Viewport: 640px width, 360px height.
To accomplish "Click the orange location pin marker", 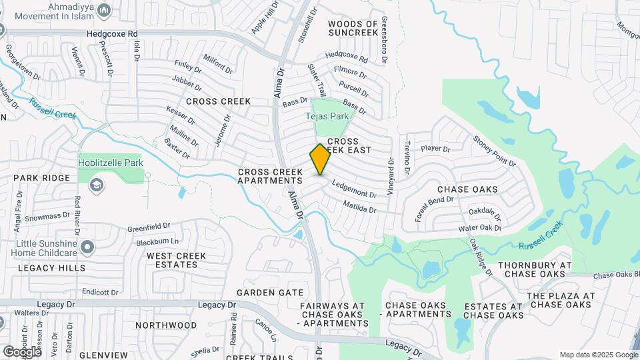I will pyautogui.click(x=320, y=159).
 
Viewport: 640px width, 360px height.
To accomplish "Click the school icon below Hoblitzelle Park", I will pyautogui.click(x=97, y=184).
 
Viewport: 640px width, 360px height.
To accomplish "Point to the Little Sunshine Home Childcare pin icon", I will pyautogui.click(x=87, y=249).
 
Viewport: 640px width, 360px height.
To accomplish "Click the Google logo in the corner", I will pyautogui.click(x=22, y=351).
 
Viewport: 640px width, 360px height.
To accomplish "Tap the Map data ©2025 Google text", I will pyautogui.click(x=599, y=355).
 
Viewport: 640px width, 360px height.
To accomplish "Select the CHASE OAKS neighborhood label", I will pyautogui.click(x=467, y=189).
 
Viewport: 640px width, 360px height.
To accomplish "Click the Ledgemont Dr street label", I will pyautogui.click(x=354, y=190).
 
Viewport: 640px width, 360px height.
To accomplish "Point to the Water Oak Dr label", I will pyautogui.click(x=479, y=228).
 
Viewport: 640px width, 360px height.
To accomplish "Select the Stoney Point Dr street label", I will pyautogui.click(x=495, y=151).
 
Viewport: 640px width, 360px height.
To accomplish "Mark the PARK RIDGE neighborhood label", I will pyautogui.click(x=41, y=178).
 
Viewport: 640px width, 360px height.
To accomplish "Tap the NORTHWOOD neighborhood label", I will pyautogui.click(x=166, y=325).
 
